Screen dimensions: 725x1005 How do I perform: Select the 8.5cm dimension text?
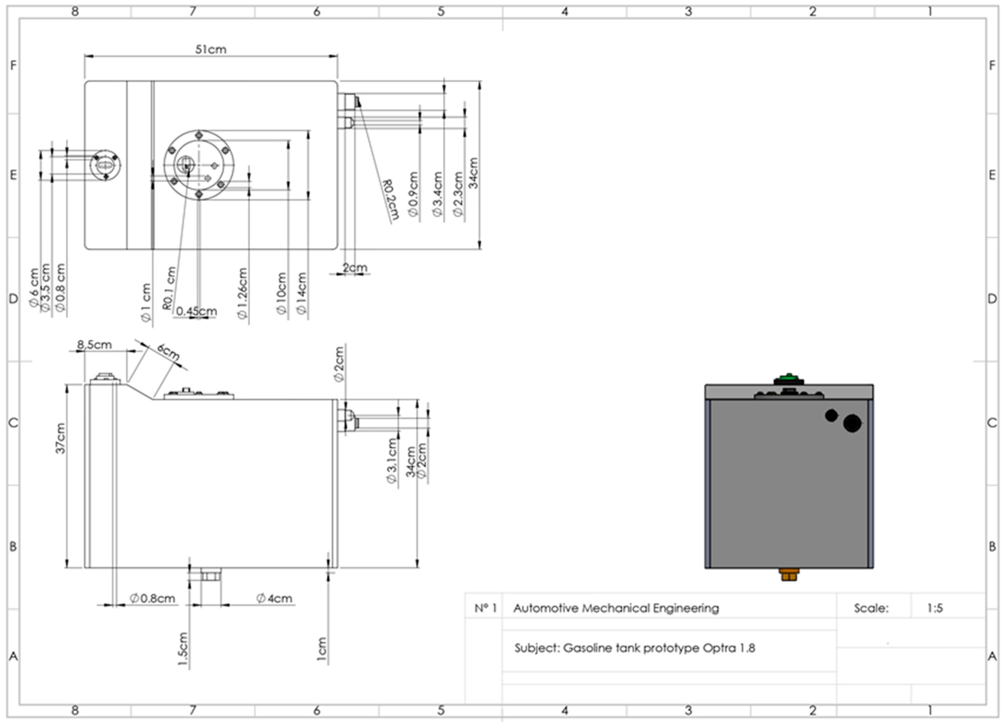point(94,344)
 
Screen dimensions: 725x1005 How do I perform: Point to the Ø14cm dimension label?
point(301,293)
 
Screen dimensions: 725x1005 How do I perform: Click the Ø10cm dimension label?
point(281,293)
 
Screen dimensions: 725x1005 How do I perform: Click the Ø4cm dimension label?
point(274,598)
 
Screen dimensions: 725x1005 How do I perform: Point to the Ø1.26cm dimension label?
point(242,293)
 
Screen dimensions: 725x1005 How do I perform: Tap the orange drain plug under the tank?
point(789,575)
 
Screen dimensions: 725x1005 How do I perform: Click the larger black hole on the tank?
point(852,423)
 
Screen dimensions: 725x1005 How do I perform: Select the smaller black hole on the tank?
point(831,415)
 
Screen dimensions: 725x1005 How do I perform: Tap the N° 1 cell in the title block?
point(485,608)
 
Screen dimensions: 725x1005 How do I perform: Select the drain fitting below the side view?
point(211,575)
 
